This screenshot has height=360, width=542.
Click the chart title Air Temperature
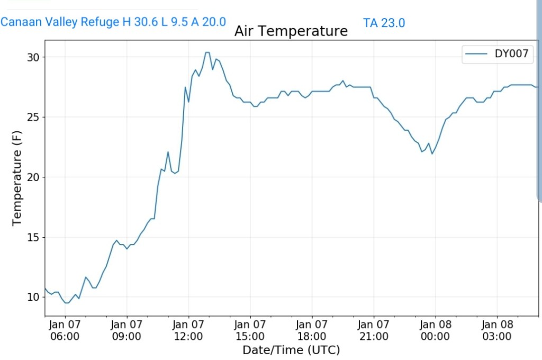pyautogui.click(x=291, y=31)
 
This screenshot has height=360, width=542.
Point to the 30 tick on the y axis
pyautogui.click(x=32, y=57)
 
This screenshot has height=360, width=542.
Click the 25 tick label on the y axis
pyautogui.click(x=32, y=117)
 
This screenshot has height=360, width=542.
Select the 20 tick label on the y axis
pyautogui.click(x=32, y=177)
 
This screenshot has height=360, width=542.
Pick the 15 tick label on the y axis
pyautogui.click(x=32, y=237)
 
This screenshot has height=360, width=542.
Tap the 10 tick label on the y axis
pyautogui.click(x=32, y=297)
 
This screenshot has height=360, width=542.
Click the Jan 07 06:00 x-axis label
pyautogui.click(x=65, y=330)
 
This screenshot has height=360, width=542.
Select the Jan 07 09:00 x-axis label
pyautogui.click(x=127, y=330)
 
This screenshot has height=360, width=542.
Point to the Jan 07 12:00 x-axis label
pyautogui.click(x=188, y=330)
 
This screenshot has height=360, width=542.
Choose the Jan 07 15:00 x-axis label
pyautogui.click(x=250, y=330)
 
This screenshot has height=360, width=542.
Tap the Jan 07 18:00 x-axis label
pyautogui.click(x=312, y=330)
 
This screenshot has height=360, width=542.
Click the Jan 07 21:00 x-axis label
pyautogui.click(x=374, y=330)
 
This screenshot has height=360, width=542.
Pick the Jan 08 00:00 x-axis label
pyautogui.click(x=436, y=330)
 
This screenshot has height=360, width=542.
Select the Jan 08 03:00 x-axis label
pyautogui.click(x=497, y=330)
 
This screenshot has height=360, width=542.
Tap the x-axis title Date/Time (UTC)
pyautogui.click(x=291, y=350)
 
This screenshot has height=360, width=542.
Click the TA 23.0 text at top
pyautogui.click(x=384, y=22)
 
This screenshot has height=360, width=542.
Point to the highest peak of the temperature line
pyautogui.click(x=207, y=52)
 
